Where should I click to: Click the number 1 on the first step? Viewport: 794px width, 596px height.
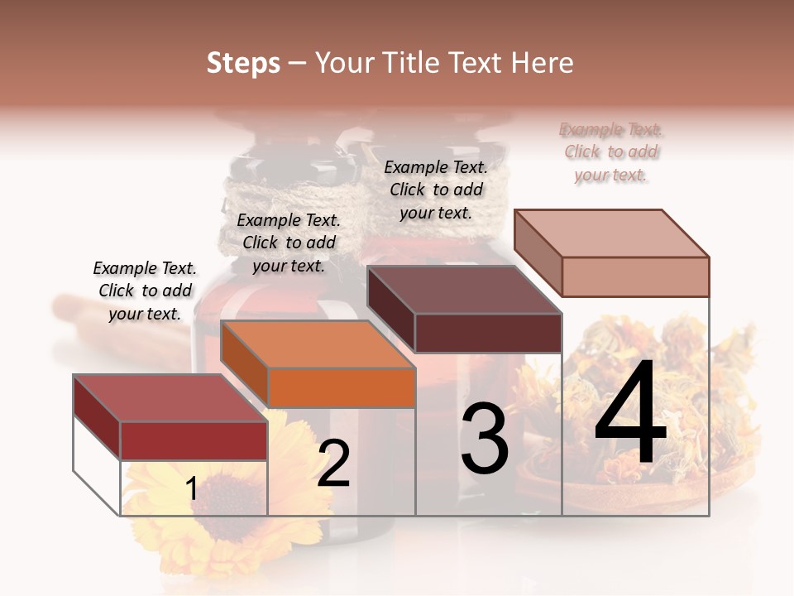(192, 488)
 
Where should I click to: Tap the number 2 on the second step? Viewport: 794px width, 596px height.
(333, 464)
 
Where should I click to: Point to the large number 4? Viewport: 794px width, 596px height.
(630, 414)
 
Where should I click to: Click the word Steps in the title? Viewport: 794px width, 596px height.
(243, 63)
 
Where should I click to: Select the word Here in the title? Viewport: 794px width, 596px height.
(543, 63)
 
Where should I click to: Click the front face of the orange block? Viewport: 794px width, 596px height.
(342, 387)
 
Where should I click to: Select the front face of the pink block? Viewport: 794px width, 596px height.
(635, 276)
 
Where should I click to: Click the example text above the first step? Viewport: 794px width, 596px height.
(146, 291)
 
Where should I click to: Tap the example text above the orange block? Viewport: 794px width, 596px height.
(289, 243)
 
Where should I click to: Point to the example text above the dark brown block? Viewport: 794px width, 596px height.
(436, 190)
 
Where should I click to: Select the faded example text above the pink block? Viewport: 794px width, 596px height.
(610, 151)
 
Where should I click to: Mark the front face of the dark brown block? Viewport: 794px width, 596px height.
(488, 333)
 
